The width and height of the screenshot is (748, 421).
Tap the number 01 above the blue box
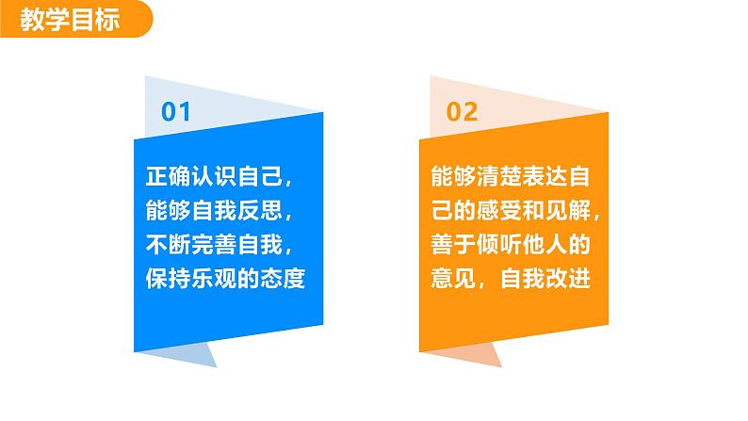coord(176,112)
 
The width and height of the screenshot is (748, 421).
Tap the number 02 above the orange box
coord(462,112)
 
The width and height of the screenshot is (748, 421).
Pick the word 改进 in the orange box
coord(566,280)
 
